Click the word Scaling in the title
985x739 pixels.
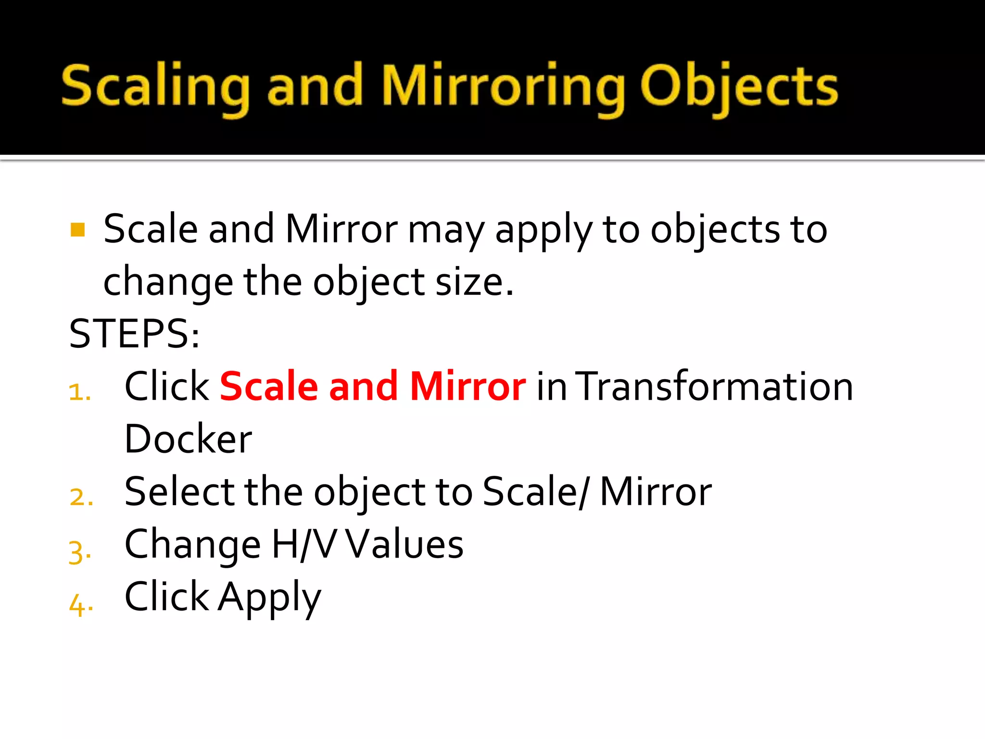[155, 87]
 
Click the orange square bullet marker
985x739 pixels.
[77, 229]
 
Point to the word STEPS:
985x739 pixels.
[134, 333]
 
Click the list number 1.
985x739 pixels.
[79, 392]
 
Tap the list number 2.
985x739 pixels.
[81, 497]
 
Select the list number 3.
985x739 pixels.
[79, 551]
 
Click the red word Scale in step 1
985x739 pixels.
[269, 386]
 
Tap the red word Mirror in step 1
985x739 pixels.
[468, 386]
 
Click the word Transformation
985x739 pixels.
[714, 386]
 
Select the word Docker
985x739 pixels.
[188, 439]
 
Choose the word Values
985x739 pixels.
[404, 544]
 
